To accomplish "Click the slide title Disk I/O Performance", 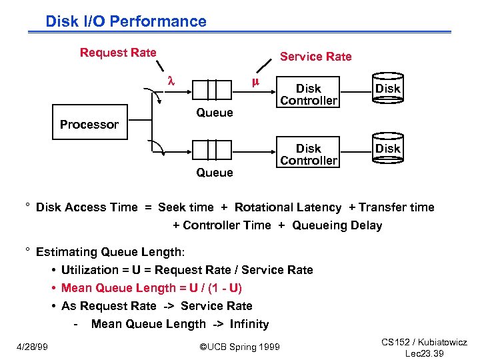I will point(126,21).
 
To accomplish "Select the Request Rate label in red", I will point(118,53).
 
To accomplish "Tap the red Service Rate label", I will point(315,57).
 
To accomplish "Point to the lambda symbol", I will point(170,81).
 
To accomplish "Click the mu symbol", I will point(255,82).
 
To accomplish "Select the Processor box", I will point(89,125).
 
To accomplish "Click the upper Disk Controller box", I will point(309,95).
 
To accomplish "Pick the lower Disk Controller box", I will point(309,155).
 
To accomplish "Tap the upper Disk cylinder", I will point(387,89).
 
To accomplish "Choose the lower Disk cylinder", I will point(387,149).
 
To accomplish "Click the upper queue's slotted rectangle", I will point(215,89).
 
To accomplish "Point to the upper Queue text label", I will point(215,113).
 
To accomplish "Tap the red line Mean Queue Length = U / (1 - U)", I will point(151,288).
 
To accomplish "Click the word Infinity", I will point(249,324).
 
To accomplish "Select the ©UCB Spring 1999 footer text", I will point(240,347).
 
